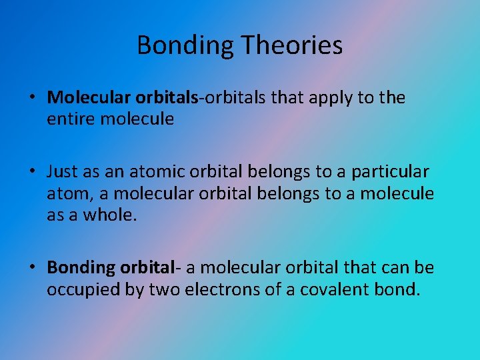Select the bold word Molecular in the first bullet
point(89,98)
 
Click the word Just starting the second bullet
point(63,172)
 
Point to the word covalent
point(335,289)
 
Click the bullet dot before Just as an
point(32,173)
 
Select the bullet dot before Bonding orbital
point(32,268)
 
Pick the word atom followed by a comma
point(65,194)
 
